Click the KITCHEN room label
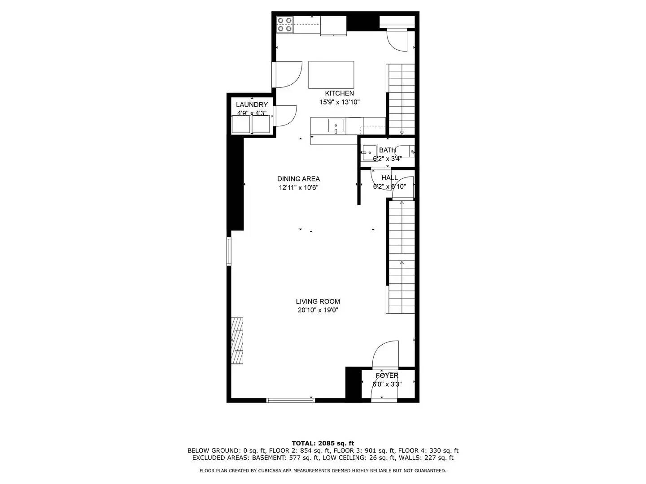pyautogui.click(x=339, y=93)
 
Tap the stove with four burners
pyautogui.click(x=284, y=24)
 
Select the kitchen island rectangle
pyautogui.click(x=331, y=75)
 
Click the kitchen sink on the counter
pyautogui.click(x=336, y=125)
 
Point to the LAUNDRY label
pyautogui.click(x=252, y=104)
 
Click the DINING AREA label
pyautogui.click(x=298, y=179)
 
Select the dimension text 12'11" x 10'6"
pyautogui.click(x=298, y=188)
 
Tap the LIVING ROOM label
pyautogui.click(x=318, y=302)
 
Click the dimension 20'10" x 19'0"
pyautogui.click(x=318, y=310)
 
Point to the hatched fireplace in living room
pyautogui.click(x=237, y=341)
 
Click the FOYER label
pyautogui.click(x=387, y=376)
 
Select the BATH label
pyautogui.click(x=387, y=150)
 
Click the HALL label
pyautogui.click(x=389, y=178)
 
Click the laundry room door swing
pyautogui.click(x=285, y=115)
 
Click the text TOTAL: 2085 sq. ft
pyautogui.click(x=323, y=443)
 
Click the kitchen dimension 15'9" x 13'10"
pyautogui.click(x=339, y=102)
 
